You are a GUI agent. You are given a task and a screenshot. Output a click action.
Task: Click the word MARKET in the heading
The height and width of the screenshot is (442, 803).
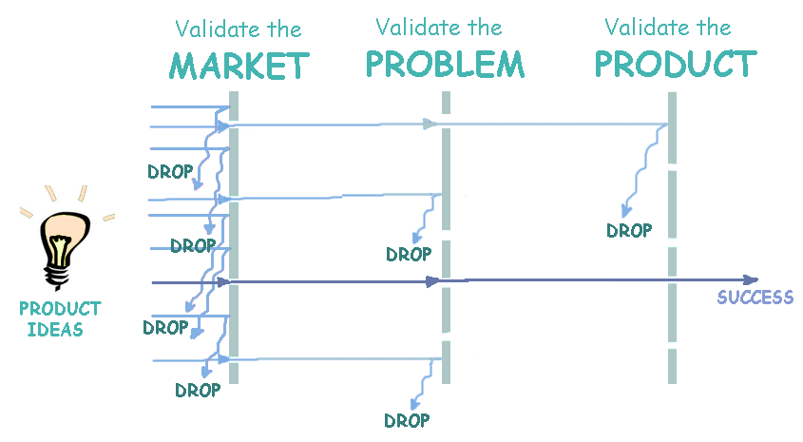tap(239, 67)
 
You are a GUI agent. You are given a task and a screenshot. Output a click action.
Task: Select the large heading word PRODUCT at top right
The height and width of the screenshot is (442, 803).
tap(675, 64)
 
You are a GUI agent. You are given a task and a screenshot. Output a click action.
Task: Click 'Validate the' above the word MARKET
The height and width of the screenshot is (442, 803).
tap(239, 30)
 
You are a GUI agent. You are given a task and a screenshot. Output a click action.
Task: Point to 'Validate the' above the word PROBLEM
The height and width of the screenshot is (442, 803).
tap(439, 28)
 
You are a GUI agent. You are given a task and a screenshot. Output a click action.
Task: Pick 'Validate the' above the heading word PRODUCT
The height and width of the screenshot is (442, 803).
tap(668, 28)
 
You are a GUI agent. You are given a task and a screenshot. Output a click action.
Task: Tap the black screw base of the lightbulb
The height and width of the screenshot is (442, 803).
tap(60, 275)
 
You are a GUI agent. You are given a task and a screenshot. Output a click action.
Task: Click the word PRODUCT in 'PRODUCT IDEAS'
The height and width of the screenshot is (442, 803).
tap(59, 309)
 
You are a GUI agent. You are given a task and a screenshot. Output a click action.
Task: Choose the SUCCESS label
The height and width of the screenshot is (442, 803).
tap(755, 298)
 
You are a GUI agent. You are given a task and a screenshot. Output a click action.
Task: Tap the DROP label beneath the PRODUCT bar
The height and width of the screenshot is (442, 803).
tap(629, 230)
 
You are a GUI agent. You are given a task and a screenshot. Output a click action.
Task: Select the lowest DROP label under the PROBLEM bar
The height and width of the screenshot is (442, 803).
tap(407, 420)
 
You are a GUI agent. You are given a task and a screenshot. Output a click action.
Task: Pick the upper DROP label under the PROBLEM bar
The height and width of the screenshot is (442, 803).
tap(409, 254)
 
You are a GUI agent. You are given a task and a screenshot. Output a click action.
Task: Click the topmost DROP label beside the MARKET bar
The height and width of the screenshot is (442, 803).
tap(170, 172)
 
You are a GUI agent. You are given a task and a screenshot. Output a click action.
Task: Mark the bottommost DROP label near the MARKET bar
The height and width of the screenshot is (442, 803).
tap(198, 390)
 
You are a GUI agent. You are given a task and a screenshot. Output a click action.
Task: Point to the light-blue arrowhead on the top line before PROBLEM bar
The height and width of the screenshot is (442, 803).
tap(430, 124)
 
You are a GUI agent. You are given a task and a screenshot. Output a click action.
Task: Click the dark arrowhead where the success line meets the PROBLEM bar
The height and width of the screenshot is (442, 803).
tap(432, 281)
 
